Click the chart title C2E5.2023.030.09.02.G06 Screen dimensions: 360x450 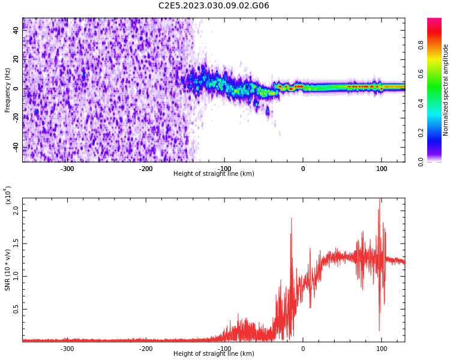click(x=214, y=6)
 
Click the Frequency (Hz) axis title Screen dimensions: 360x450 click(x=8, y=90)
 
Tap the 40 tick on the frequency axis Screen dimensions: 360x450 click(x=16, y=30)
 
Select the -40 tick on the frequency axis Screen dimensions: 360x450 click(x=16, y=147)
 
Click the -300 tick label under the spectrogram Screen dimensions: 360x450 click(x=67, y=169)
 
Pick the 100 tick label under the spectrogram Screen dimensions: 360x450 click(x=382, y=169)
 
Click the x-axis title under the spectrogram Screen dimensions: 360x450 click(x=214, y=174)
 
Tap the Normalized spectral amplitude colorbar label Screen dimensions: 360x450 click(x=446, y=90)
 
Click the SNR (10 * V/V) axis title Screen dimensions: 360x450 click(x=8, y=270)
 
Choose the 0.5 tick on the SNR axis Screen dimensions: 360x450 click(x=16, y=310)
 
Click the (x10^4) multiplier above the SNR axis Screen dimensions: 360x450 click(x=8, y=195)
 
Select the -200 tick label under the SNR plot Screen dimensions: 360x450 click(x=146, y=349)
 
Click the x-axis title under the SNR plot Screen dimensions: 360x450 click(x=214, y=354)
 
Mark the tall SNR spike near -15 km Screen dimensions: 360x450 click(x=292, y=220)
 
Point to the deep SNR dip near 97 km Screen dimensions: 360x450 click(x=379, y=329)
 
